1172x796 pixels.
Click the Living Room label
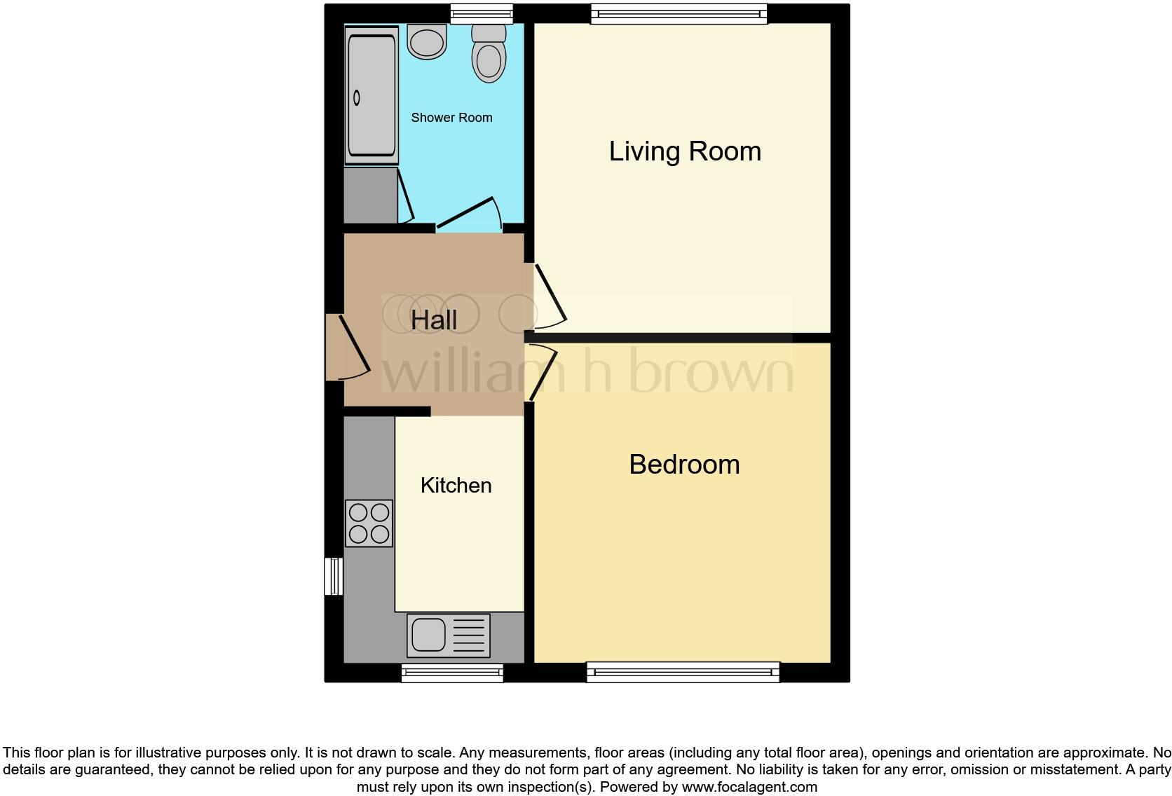(685, 151)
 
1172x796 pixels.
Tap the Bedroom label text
(684, 465)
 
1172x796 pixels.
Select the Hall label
(434, 320)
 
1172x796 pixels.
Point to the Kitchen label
(456, 485)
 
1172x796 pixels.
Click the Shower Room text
(451, 118)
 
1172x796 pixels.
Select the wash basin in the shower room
(427, 42)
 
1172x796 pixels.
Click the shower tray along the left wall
(372, 95)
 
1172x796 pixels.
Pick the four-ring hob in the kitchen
(369, 523)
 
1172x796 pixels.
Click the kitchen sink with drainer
(449, 636)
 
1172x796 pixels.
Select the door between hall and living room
(550, 294)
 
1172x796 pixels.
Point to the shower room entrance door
(468, 214)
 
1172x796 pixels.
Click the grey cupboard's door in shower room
(406, 196)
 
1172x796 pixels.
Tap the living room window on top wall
(679, 14)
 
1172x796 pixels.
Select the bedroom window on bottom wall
(683, 673)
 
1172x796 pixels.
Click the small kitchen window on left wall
(334, 576)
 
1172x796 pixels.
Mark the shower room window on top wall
(481, 14)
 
